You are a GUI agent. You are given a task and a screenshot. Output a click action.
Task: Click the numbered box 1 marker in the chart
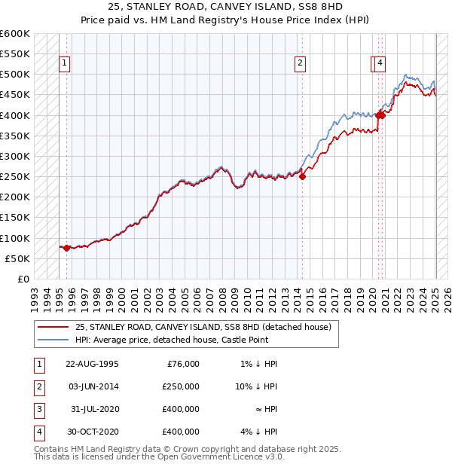[x=66, y=63]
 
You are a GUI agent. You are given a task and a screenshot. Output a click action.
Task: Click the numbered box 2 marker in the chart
[x=301, y=63]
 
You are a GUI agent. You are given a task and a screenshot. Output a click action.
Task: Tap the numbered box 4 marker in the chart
[x=381, y=63]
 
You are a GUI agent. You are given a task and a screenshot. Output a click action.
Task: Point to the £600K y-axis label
[x=14, y=34]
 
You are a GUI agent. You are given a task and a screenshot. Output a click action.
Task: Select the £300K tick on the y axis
[x=14, y=157]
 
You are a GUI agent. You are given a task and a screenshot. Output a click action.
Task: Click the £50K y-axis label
[x=17, y=259]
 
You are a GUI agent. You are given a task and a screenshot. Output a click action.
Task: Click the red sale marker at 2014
[x=302, y=177]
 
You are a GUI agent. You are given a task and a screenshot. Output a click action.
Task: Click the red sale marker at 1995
[x=66, y=248]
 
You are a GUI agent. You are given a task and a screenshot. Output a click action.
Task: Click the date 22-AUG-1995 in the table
[x=92, y=364]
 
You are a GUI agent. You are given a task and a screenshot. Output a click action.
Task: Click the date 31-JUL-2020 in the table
[x=93, y=409]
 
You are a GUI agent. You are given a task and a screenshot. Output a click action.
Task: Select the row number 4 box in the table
[x=38, y=432]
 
